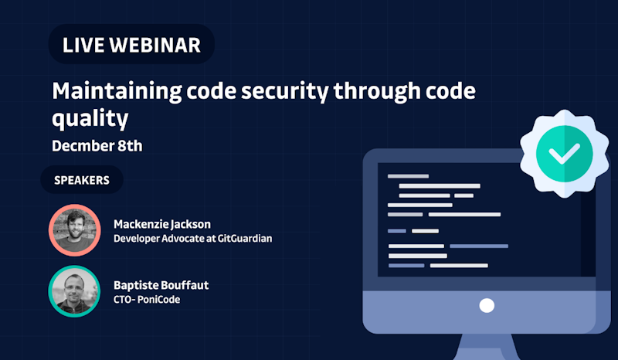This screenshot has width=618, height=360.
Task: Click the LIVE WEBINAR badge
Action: (131, 44)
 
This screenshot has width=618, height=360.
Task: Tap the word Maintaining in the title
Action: (117, 92)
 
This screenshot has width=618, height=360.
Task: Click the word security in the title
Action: (284, 92)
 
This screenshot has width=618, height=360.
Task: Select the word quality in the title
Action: (90, 119)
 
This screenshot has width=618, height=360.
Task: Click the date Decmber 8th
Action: (97, 146)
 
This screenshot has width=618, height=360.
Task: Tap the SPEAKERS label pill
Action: (82, 180)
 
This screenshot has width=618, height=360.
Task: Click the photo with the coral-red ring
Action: (75, 230)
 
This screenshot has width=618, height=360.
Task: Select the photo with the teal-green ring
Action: (74, 291)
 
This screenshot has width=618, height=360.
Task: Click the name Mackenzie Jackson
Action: (162, 224)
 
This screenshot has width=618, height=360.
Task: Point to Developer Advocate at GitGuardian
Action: (192, 239)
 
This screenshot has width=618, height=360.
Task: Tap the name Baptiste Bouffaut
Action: (161, 285)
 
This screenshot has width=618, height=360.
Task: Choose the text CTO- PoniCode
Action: (147, 300)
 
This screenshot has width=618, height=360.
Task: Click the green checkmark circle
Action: (565, 154)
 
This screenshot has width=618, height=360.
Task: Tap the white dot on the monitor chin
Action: (487, 306)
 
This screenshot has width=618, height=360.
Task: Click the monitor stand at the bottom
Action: (487, 347)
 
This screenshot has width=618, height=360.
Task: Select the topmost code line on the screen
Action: (408, 176)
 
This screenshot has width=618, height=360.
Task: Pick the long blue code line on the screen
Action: (479, 246)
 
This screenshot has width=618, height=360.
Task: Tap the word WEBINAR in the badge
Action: (155, 45)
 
